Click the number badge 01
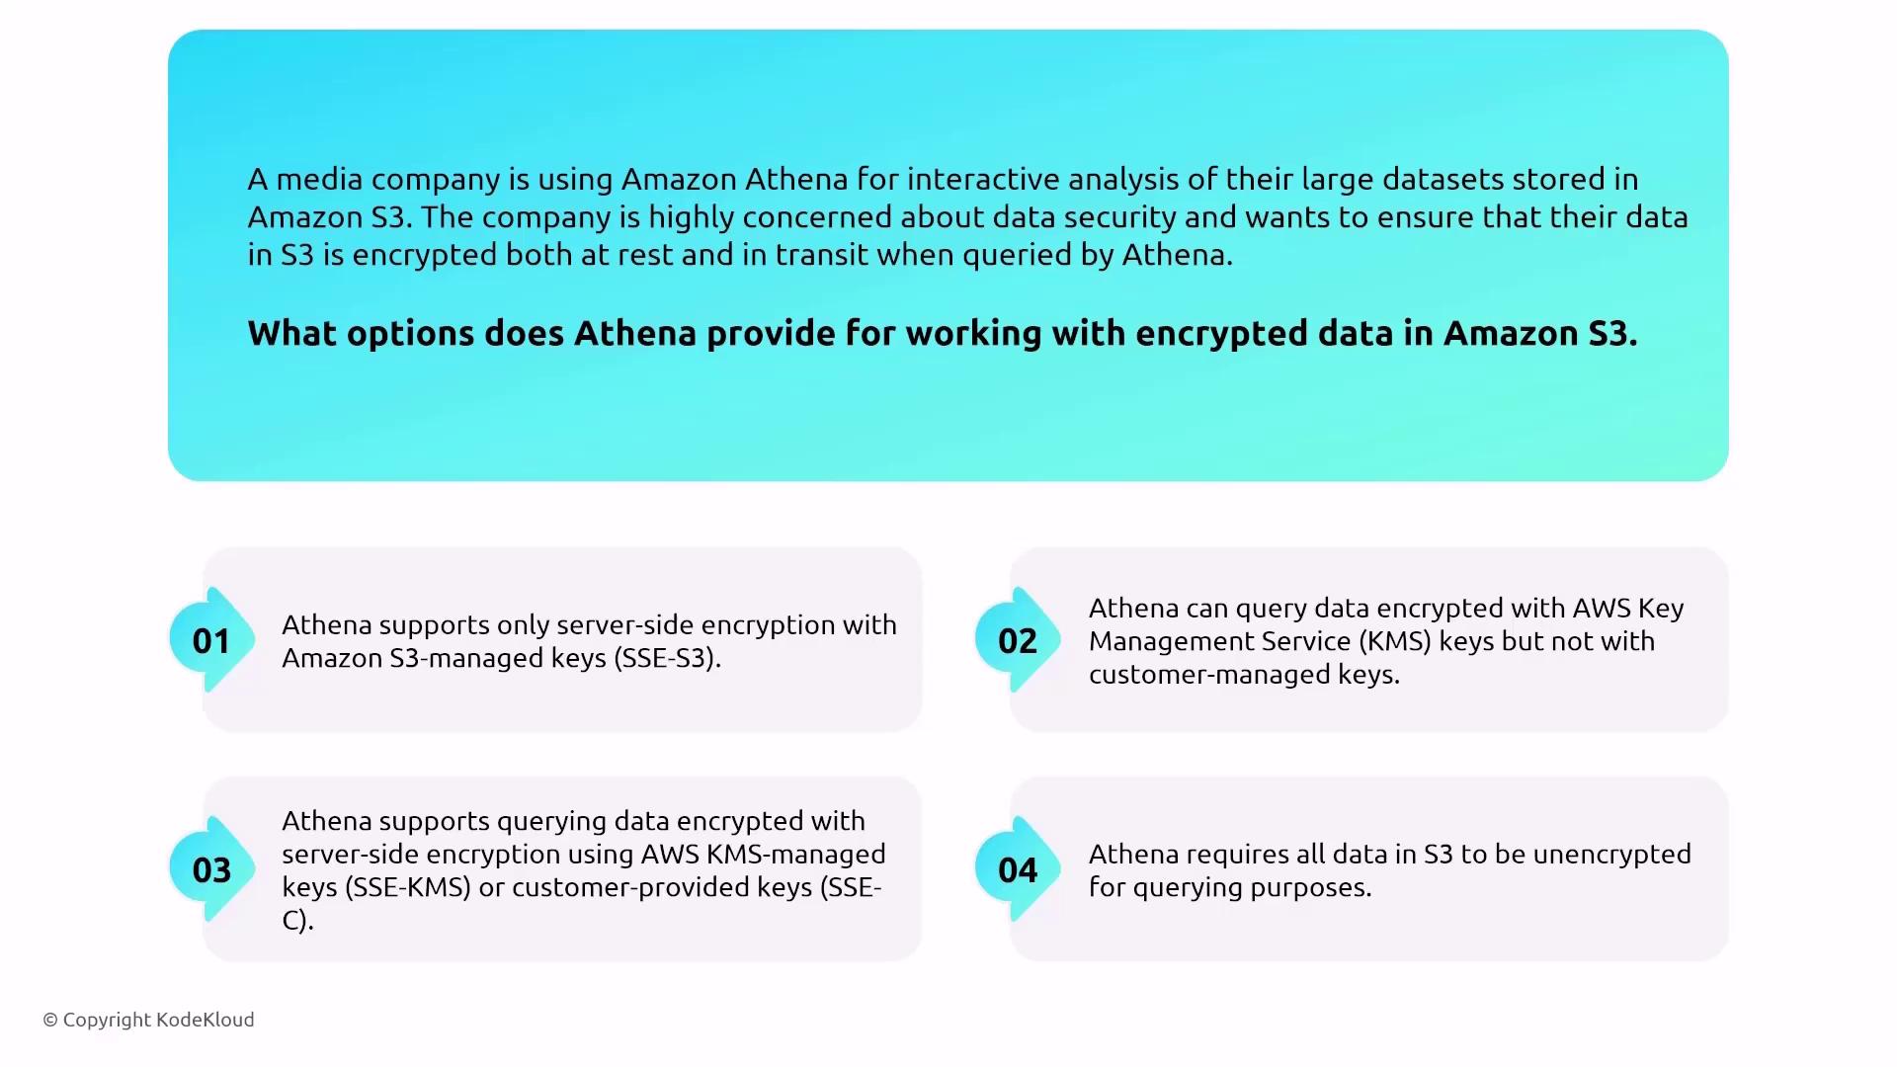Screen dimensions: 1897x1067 coord(211,640)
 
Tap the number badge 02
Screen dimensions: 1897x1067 coord(1018,640)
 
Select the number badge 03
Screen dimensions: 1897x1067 coord(211,869)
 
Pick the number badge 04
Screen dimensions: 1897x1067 coord(1018,869)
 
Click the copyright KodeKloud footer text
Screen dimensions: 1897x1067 coord(148,1020)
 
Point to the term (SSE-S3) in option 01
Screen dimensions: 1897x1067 coord(667,658)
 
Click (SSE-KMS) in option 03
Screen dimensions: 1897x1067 coord(407,887)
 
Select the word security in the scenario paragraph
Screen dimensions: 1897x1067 coord(1119,217)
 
